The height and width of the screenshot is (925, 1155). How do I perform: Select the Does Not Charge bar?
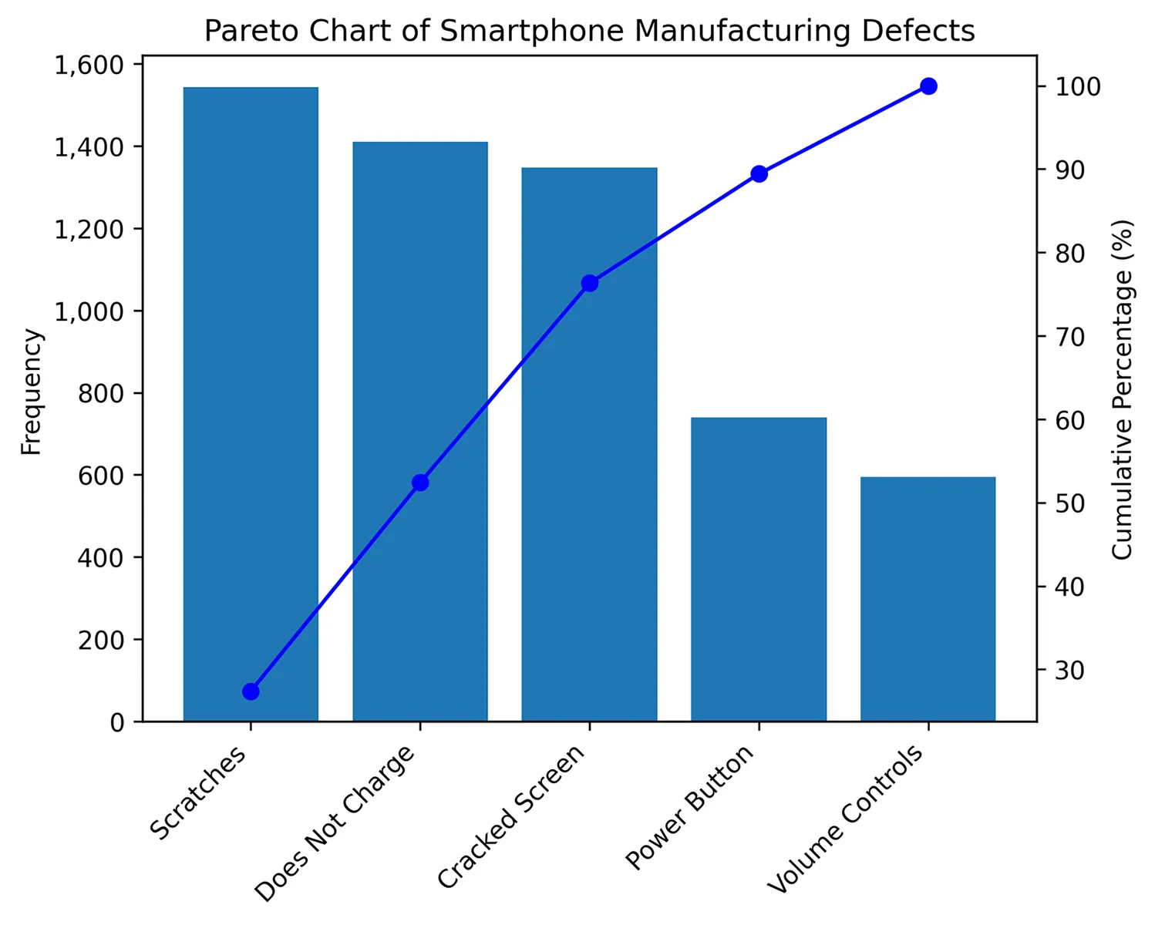(x=420, y=432)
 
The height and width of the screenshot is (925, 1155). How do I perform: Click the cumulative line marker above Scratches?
(x=251, y=691)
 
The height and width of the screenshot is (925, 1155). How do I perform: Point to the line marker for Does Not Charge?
(x=420, y=483)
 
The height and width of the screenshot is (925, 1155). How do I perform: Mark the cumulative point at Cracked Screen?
(x=589, y=283)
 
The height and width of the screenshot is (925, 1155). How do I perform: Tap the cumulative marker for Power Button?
(x=759, y=173)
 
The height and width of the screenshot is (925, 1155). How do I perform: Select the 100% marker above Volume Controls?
(x=928, y=86)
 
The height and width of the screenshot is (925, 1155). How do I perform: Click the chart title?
(x=589, y=31)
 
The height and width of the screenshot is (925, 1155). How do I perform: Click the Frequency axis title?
(x=31, y=392)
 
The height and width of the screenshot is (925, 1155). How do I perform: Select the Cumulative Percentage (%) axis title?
(x=1122, y=389)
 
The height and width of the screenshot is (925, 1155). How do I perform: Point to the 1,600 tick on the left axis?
(x=89, y=65)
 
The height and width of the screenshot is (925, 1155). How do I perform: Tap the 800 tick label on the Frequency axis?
(x=101, y=393)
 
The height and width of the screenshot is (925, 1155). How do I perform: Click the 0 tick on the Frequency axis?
(x=117, y=722)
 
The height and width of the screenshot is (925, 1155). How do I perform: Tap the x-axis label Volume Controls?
(x=846, y=820)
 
